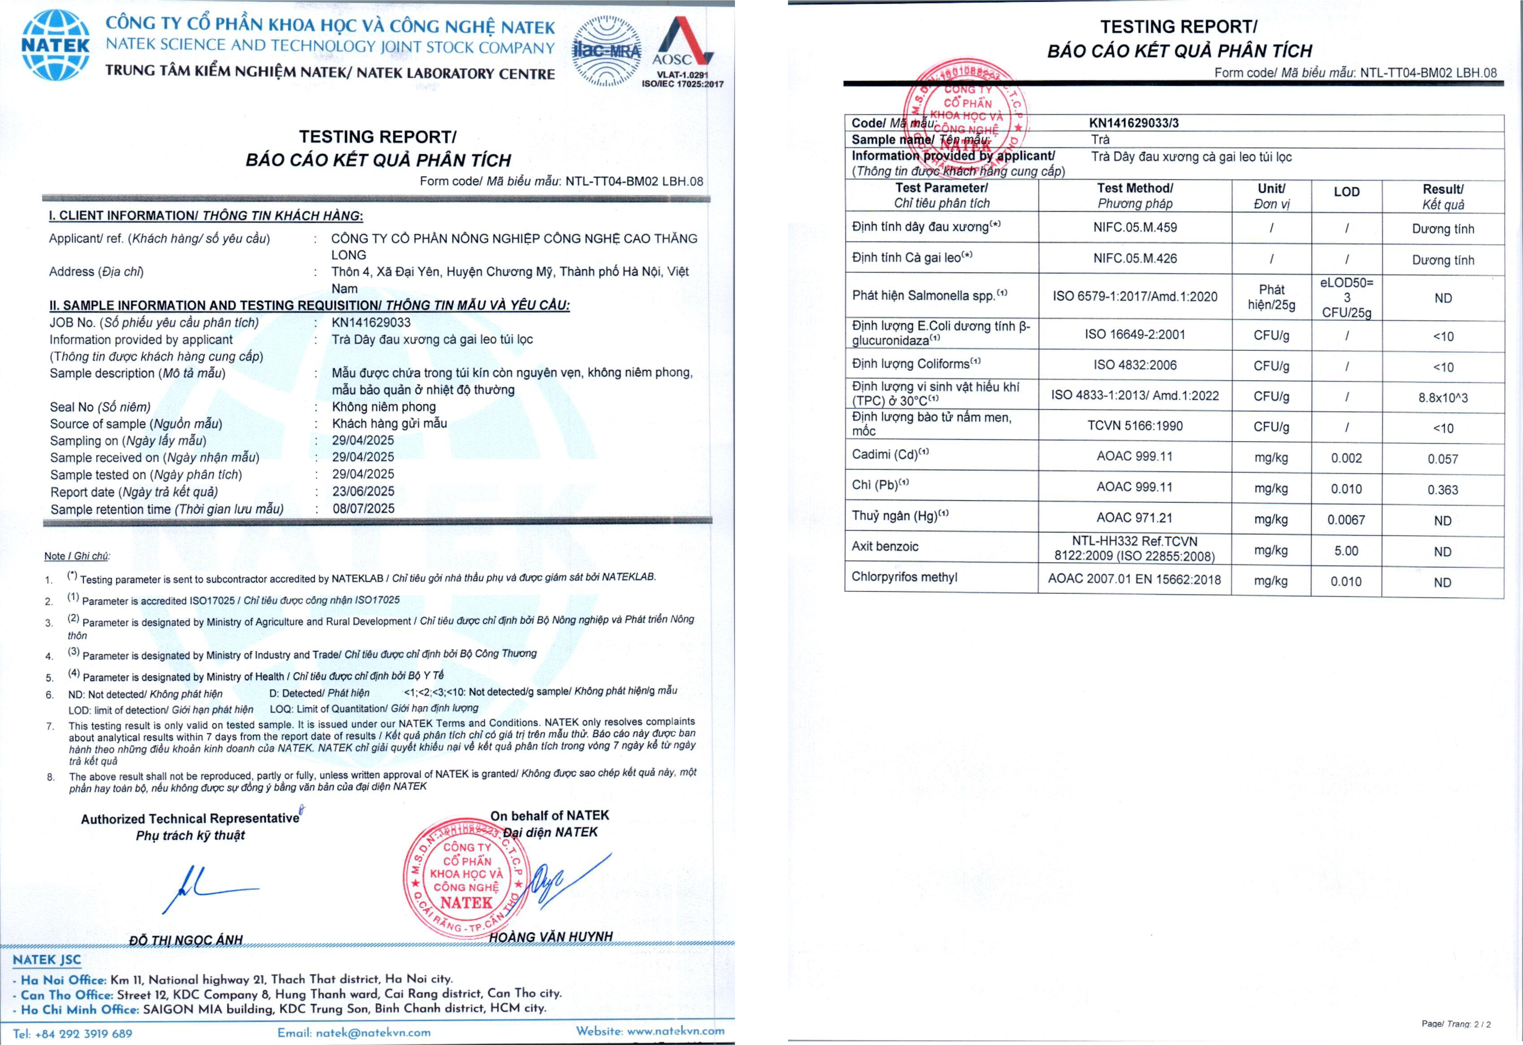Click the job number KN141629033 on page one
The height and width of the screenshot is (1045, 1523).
(x=371, y=322)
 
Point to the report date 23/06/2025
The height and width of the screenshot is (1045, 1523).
(x=363, y=491)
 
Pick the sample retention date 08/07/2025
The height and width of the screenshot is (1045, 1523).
(x=363, y=508)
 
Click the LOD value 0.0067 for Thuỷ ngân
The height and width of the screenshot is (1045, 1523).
(x=1346, y=520)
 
